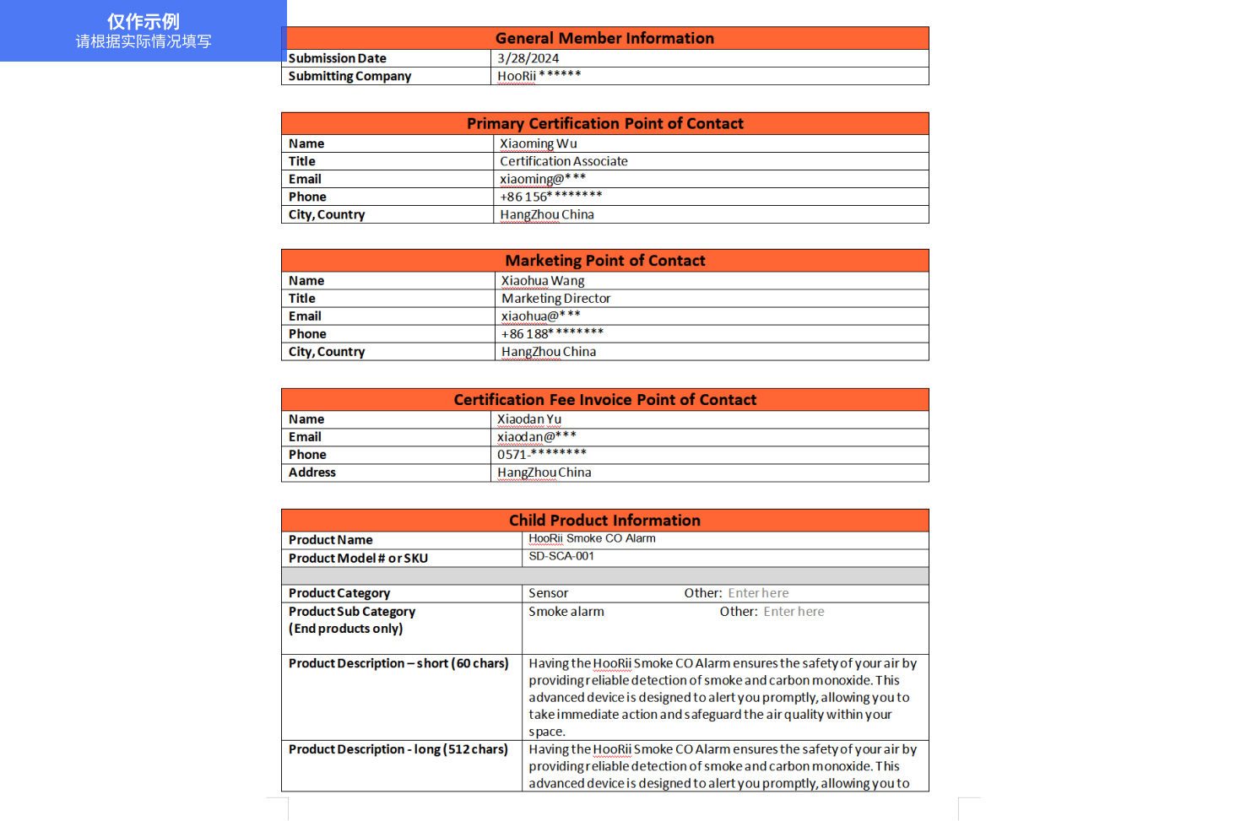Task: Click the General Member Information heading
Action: pos(604,38)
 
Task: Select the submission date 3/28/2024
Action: pos(528,58)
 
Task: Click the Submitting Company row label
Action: pos(349,76)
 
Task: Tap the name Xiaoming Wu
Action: pos(538,143)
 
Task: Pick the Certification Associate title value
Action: pos(563,161)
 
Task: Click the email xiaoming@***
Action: pos(542,179)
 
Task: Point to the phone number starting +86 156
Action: pos(550,197)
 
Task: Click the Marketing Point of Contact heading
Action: pos(604,261)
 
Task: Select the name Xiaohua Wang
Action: pos(542,281)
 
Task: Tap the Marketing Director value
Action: pos(555,299)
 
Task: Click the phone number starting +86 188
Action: pos(552,334)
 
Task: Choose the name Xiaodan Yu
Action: pos(528,419)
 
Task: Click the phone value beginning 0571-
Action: pos(541,455)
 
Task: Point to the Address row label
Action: pos(311,473)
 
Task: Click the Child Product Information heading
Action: pos(604,521)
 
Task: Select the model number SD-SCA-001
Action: pos(561,556)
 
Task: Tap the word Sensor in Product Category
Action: pos(548,593)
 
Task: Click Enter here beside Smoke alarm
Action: pos(794,612)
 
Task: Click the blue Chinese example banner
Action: pos(144,30)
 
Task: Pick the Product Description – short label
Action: pos(398,663)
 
